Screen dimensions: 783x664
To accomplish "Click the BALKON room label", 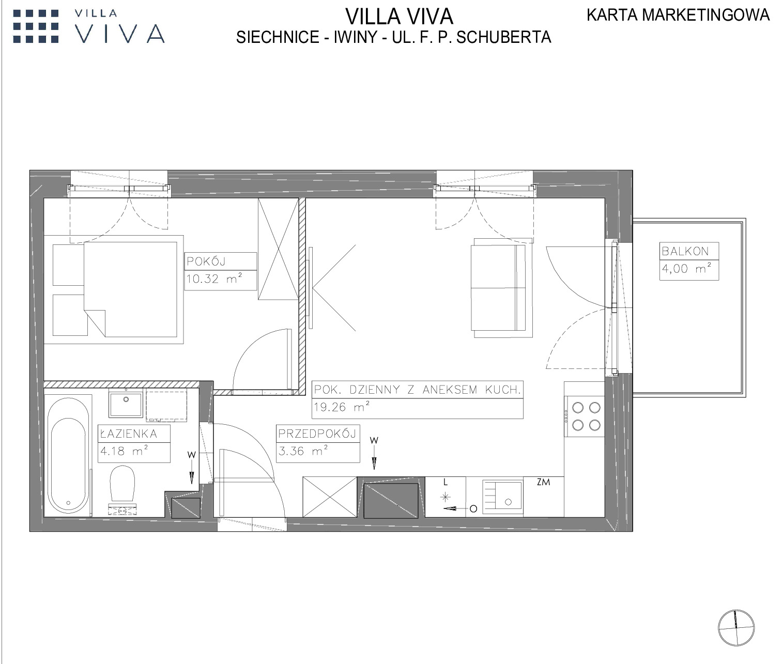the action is pyautogui.click(x=685, y=251).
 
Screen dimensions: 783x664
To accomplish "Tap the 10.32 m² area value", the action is pyautogui.click(x=214, y=279).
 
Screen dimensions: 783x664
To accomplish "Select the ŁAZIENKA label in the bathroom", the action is pyautogui.click(x=128, y=434).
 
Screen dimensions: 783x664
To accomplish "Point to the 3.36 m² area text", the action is pyautogui.click(x=303, y=451).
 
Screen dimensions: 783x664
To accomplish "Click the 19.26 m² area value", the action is pyautogui.click(x=342, y=407).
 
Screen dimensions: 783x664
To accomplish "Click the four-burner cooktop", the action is pyautogui.click(x=585, y=416).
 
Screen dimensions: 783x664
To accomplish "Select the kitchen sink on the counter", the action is pyautogui.click(x=503, y=497).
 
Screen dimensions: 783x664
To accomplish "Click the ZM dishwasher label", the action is pyautogui.click(x=543, y=482).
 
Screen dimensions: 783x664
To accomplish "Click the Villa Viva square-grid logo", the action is pyautogui.click(x=36, y=26).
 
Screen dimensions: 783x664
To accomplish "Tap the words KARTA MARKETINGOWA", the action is pyautogui.click(x=678, y=15).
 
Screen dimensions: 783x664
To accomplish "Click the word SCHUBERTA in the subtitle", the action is pyautogui.click(x=504, y=37).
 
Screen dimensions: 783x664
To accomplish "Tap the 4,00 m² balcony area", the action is pyautogui.click(x=686, y=269).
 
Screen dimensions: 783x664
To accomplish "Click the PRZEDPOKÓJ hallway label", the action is pyautogui.click(x=317, y=434).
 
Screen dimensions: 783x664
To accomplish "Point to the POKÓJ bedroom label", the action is pyautogui.click(x=206, y=261).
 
